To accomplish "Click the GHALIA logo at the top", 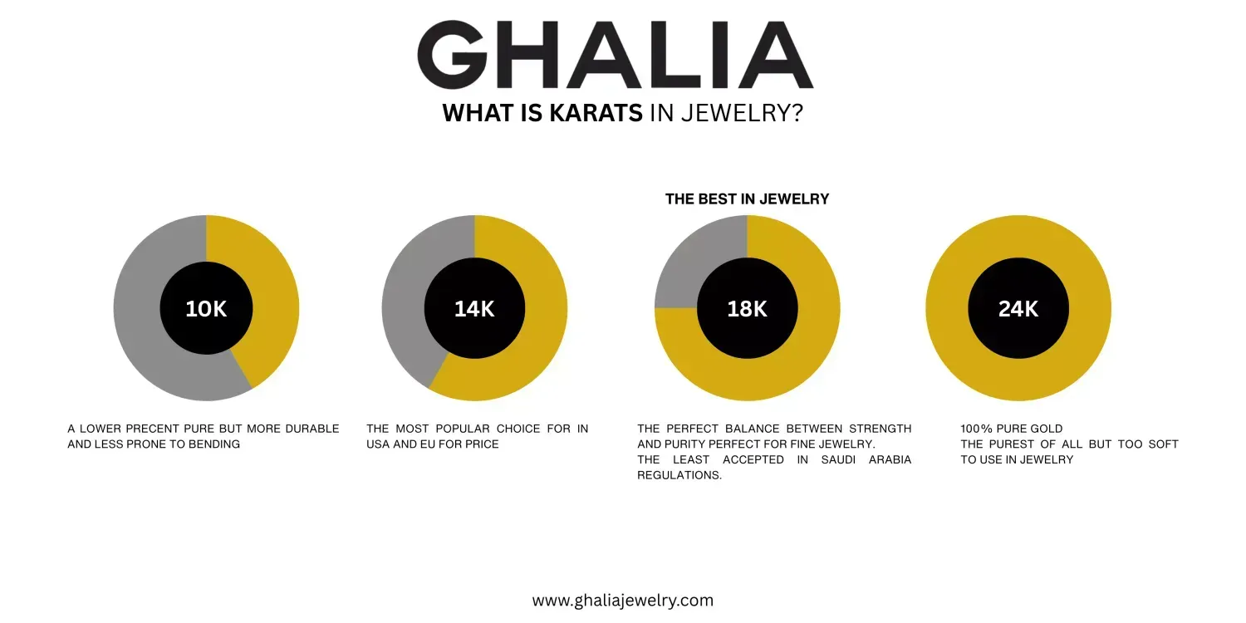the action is pyautogui.click(x=616, y=55).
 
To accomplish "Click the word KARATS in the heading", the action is pyautogui.click(x=596, y=113).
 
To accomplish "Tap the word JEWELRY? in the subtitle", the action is pyautogui.click(x=742, y=113).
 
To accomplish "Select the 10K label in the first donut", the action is pyautogui.click(x=206, y=309).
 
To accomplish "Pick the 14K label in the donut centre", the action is pyautogui.click(x=474, y=309).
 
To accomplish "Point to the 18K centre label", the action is pyautogui.click(x=747, y=309).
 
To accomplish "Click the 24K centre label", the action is pyautogui.click(x=1018, y=309).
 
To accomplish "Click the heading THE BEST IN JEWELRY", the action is pyautogui.click(x=747, y=199).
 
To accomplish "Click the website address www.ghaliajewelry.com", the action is pyautogui.click(x=622, y=601).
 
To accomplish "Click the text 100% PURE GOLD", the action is pyautogui.click(x=1011, y=429).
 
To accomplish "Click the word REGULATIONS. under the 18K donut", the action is pyautogui.click(x=679, y=476).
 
